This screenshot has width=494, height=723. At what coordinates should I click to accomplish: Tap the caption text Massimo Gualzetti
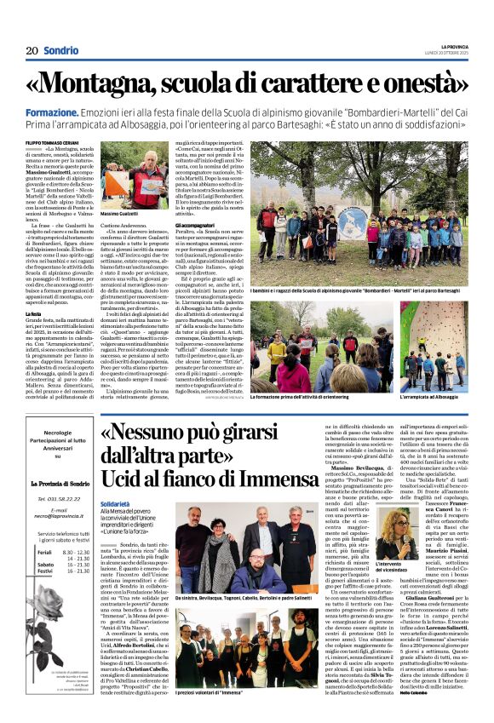[119, 212]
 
